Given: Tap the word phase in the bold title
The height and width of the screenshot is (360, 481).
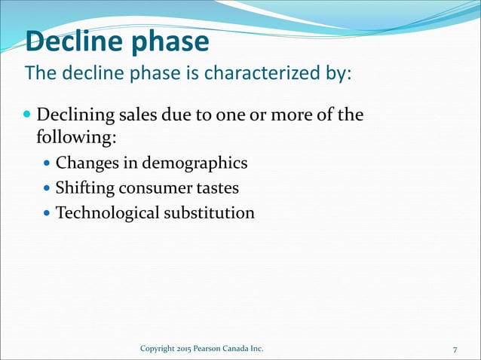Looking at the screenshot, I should (x=167, y=42).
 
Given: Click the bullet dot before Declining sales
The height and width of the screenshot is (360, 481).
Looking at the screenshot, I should (x=28, y=116).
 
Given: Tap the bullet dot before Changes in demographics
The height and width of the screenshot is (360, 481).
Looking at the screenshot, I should (x=48, y=162).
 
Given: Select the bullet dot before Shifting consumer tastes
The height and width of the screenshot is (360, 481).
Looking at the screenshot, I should (x=48, y=188).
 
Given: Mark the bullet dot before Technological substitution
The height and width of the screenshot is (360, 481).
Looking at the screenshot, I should (x=48, y=213).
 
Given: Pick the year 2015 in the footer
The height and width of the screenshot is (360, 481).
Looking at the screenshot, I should (x=185, y=349).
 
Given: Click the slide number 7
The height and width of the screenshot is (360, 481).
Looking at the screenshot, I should (x=455, y=349).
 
